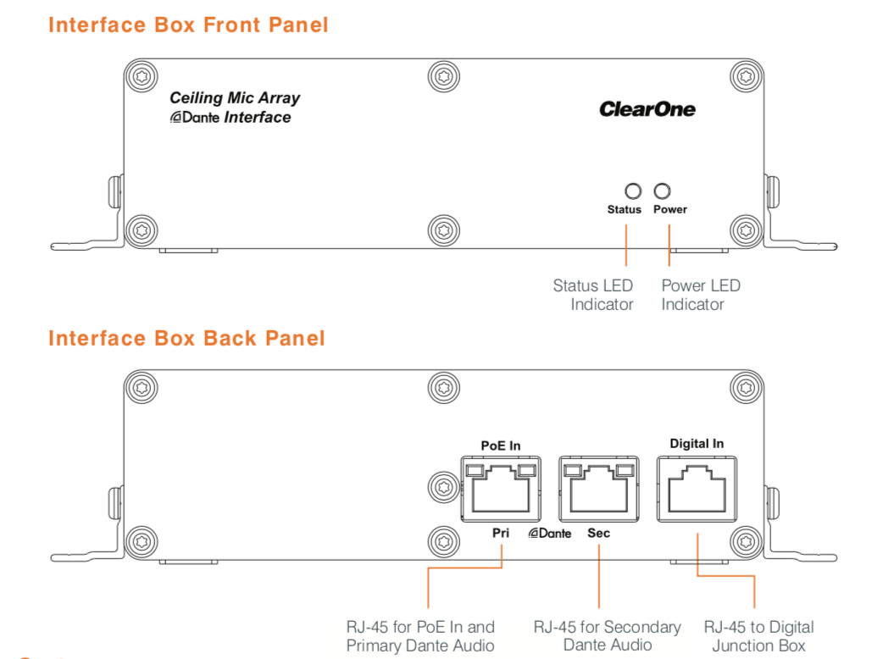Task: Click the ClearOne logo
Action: point(647,109)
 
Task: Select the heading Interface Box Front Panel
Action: point(188,25)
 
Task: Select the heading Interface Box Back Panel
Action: point(187,338)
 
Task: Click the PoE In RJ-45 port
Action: point(501,489)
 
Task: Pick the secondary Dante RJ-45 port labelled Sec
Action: point(598,489)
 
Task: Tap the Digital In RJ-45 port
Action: point(697,489)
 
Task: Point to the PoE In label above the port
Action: point(501,446)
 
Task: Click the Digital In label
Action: point(697,444)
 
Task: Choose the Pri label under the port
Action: point(501,533)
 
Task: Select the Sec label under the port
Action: point(598,533)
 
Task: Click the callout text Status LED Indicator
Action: point(593,295)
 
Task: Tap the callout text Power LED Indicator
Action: point(701,295)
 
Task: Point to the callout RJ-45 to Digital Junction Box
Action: point(758,636)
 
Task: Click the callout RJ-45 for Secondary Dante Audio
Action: point(607,636)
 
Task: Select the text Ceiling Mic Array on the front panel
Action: point(235,98)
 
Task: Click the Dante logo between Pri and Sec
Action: point(550,533)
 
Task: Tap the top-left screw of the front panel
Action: point(142,76)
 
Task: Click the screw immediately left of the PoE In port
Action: point(444,487)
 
